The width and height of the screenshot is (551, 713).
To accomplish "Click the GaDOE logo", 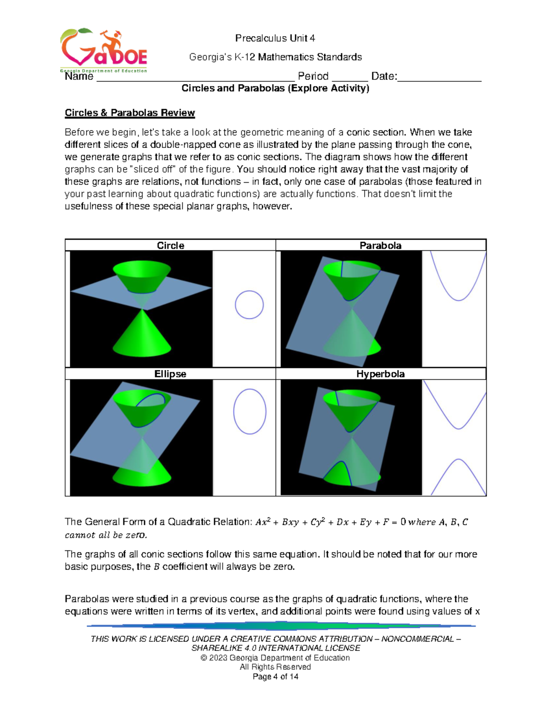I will coord(103,51).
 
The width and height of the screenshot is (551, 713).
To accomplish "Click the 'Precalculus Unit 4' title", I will coord(275,38).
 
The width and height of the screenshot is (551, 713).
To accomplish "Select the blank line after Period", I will coord(349,78).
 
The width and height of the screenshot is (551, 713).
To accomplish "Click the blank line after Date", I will coord(439,78).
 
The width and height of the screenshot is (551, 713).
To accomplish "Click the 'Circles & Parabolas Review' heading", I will coord(129,113).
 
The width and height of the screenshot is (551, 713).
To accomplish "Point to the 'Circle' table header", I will coord(170,246).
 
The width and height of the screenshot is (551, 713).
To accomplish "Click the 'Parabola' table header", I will coord(380,246).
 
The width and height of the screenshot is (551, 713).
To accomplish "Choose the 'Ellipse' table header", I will coord(170,374).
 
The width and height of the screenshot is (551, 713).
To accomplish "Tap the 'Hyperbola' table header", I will coord(380,374).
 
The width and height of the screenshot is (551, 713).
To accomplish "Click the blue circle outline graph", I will coord(249,305).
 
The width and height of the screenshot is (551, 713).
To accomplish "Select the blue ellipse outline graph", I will coord(250,411).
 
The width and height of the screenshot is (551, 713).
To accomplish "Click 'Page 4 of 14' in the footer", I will coord(275,677).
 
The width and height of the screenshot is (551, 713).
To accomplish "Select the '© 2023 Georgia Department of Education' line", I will coord(275,658).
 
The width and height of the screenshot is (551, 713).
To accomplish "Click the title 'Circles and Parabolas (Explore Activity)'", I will coord(275,88).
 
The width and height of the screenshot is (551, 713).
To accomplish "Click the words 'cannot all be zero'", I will coord(106,535).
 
